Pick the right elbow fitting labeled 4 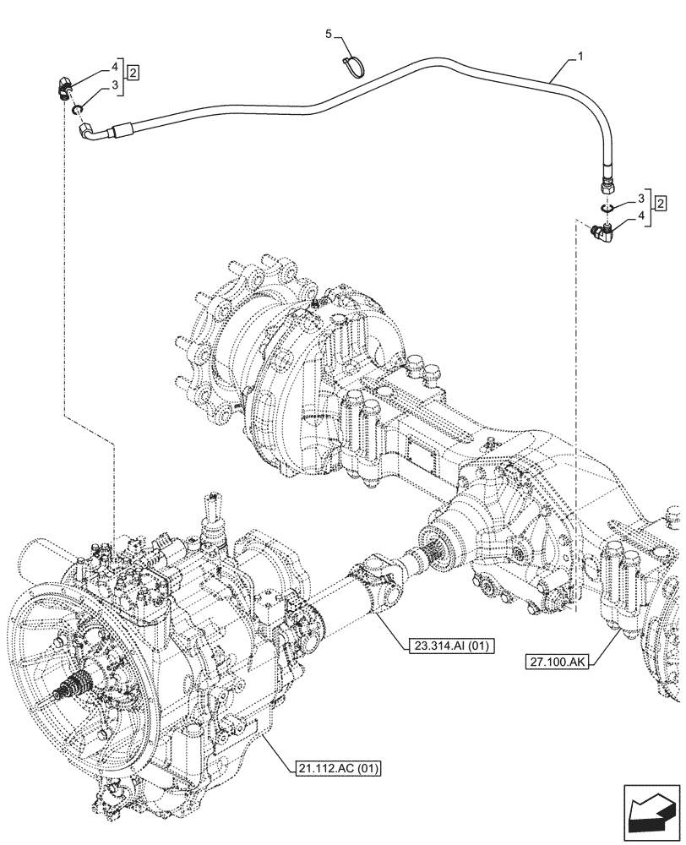(603, 232)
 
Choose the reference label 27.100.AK (561, 662)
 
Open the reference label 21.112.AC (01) (339, 768)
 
